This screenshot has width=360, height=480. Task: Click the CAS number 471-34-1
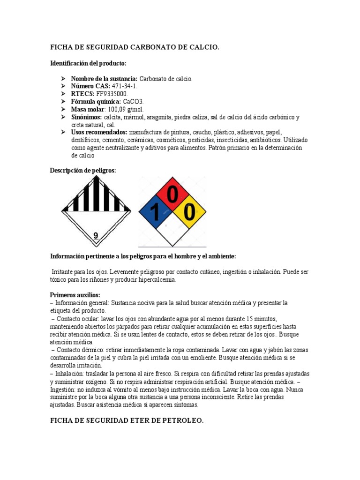125,86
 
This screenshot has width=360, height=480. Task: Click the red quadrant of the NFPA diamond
172,194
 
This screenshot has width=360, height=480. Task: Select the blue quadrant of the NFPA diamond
155,212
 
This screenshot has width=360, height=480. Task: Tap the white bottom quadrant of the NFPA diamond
172,230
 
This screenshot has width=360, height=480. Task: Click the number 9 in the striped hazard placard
96,235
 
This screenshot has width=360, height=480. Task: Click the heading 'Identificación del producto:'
88,63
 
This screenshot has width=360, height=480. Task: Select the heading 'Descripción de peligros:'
82,171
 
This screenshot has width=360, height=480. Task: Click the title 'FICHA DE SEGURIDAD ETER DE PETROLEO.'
127,421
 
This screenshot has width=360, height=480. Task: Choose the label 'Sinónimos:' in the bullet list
86,117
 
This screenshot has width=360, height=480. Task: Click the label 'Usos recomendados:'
99,132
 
